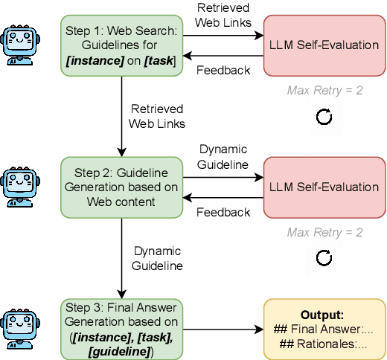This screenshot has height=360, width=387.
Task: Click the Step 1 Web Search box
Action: click(121, 46)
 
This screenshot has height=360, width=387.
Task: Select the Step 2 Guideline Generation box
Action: click(121, 187)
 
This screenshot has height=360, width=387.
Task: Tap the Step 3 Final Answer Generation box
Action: click(121, 327)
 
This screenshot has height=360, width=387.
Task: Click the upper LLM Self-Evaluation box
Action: click(324, 46)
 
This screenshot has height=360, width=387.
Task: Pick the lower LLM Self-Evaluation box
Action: click(324, 187)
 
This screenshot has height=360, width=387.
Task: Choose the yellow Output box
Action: click(324, 328)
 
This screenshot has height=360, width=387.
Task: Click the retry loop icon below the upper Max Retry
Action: click(324, 117)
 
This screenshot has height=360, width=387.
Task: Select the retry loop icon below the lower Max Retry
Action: click(324, 258)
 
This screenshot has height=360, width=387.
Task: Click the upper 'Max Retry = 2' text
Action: click(324, 91)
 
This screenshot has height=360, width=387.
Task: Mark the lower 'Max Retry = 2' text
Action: click(324, 232)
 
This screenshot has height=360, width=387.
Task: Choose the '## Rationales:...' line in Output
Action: click(324, 344)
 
